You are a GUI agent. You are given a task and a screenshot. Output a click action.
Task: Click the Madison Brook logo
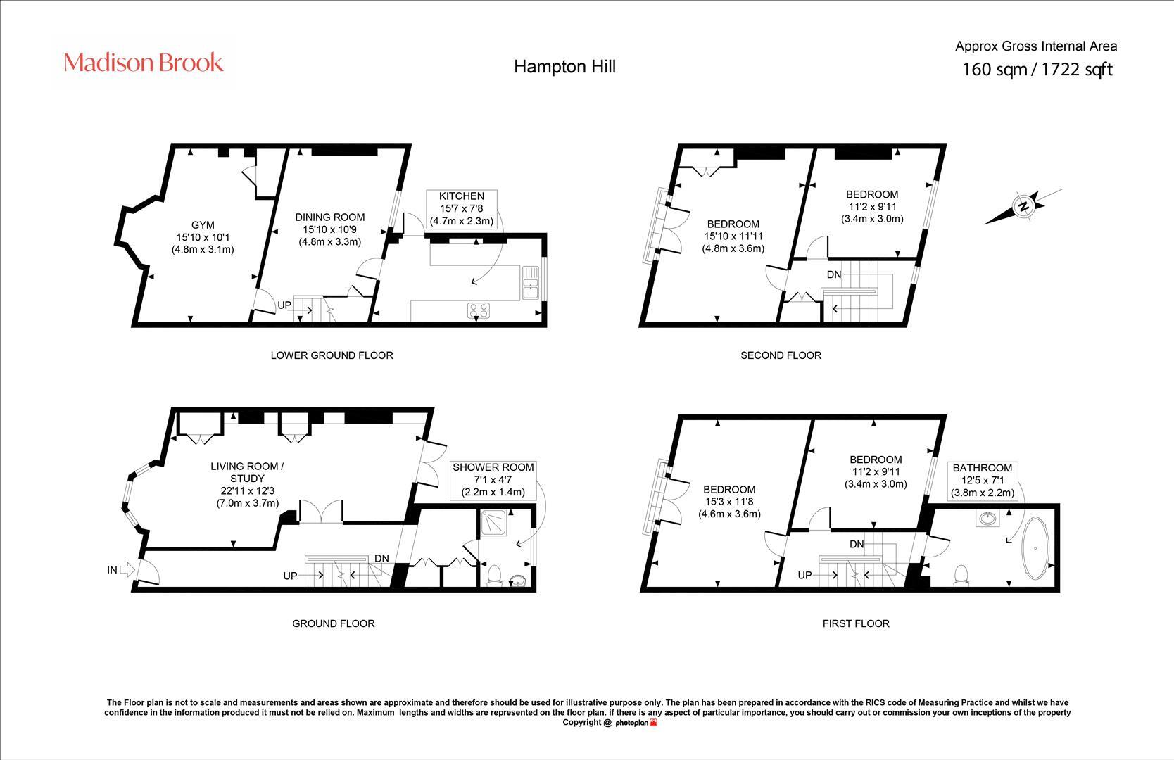click(x=144, y=63)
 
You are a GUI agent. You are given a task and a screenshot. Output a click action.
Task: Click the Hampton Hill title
click(x=564, y=66)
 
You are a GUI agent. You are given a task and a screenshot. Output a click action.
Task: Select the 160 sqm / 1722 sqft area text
click(x=1037, y=70)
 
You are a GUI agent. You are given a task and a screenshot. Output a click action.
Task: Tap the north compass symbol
click(x=1022, y=206)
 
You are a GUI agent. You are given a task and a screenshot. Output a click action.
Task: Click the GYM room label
click(x=203, y=225)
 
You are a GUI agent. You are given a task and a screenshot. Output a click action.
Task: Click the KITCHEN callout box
click(x=462, y=208)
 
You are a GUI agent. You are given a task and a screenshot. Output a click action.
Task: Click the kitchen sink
click(x=531, y=289)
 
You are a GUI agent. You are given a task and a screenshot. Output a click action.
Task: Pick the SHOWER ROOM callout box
click(x=493, y=479)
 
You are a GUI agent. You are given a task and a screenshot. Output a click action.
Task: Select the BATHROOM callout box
click(x=982, y=480)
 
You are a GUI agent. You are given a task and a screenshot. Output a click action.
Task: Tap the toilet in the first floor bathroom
click(x=960, y=575)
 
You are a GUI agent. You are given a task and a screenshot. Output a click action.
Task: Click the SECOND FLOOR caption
click(x=781, y=355)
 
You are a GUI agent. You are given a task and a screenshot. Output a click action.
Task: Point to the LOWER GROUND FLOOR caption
click(x=332, y=355)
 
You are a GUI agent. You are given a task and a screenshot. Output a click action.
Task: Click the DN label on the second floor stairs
click(x=833, y=274)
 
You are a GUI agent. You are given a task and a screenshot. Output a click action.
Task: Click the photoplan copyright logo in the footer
click(x=636, y=723)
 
